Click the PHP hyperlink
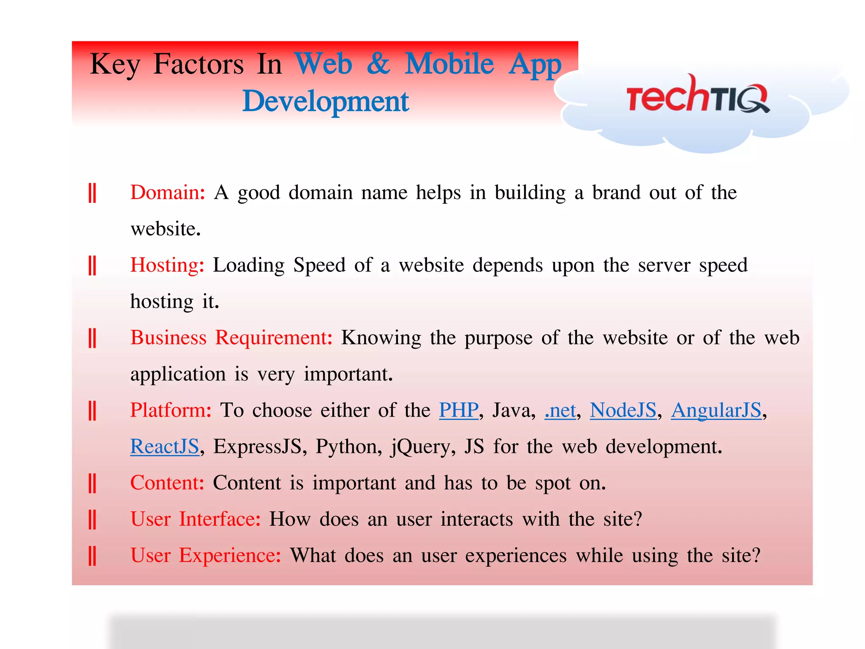[x=459, y=410]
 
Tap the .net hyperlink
[x=560, y=410]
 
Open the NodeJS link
[x=623, y=410]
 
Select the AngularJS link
[x=716, y=410]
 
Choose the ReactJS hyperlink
[x=164, y=447]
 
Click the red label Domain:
[x=168, y=193]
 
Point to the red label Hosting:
[x=167, y=265]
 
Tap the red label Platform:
[x=171, y=410]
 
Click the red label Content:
[x=167, y=483]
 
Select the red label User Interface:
[x=196, y=519]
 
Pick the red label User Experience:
[x=206, y=556]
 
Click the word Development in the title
[x=325, y=101]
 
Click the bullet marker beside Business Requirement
[x=92, y=338]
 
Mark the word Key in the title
[x=114, y=64]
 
